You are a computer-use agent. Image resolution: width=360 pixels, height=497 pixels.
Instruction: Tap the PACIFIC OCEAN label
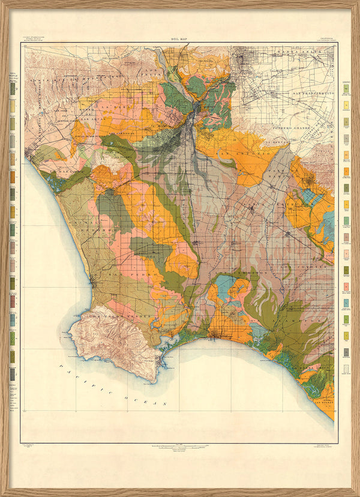point(113,385)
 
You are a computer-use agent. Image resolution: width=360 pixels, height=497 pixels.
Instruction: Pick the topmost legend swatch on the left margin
point(13,87)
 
